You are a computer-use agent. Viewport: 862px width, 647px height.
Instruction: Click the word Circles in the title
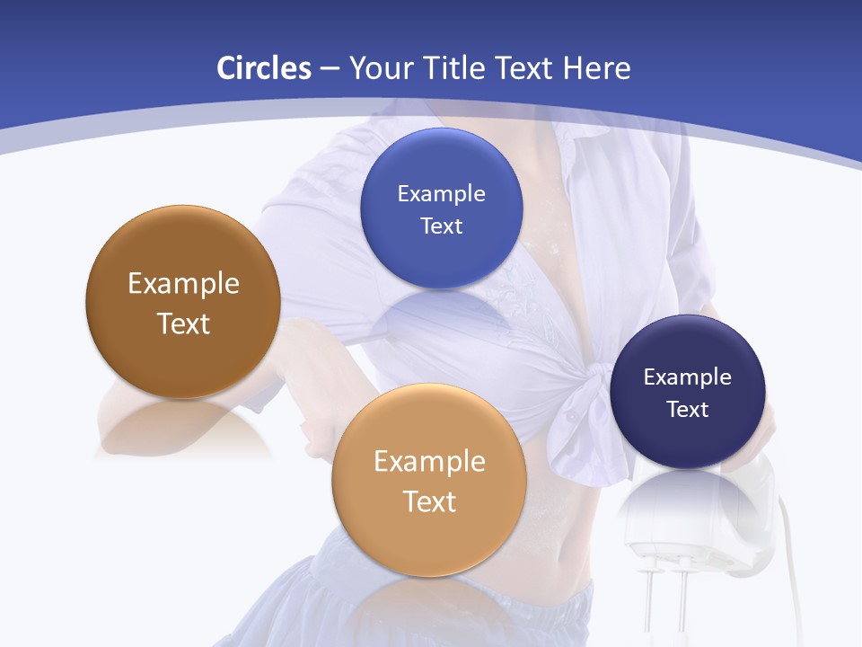(x=264, y=68)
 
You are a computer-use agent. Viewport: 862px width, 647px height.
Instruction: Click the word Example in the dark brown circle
(x=183, y=284)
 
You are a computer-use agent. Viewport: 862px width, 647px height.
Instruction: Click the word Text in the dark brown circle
(x=183, y=323)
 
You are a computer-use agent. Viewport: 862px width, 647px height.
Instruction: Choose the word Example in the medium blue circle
(x=441, y=194)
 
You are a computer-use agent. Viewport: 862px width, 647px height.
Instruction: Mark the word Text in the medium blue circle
(x=441, y=226)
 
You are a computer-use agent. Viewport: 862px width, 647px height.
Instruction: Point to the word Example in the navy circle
(x=687, y=377)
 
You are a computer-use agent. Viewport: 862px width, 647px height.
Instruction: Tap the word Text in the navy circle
(x=688, y=410)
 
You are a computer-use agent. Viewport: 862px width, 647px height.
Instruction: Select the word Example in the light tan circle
(x=429, y=462)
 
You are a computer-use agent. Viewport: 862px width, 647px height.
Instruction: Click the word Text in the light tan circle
(x=429, y=501)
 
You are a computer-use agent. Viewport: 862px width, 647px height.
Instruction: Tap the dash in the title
(x=329, y=68)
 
